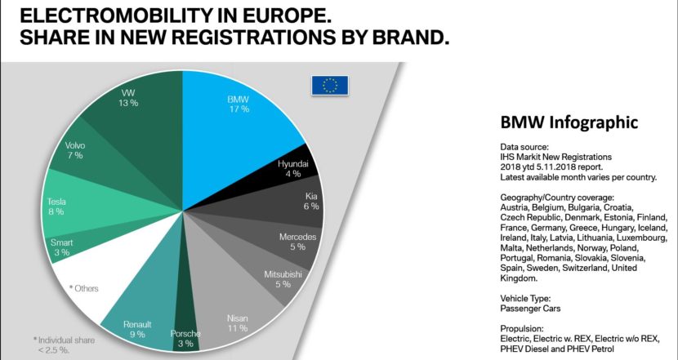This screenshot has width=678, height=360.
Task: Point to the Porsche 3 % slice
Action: point(187,331)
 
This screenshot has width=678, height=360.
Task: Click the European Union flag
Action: point(329,85)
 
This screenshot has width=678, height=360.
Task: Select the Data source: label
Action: point(524,145)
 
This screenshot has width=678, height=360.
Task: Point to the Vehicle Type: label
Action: point(528,300)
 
